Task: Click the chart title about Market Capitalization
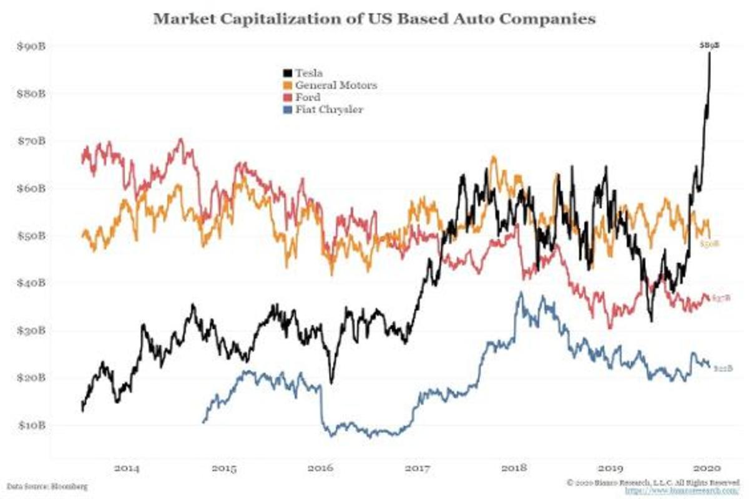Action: (x=374, y=19)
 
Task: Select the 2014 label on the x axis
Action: (x=127, y=467)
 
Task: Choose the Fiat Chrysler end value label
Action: (x=721, y=369)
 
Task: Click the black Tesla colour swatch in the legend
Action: (x=286, y=73)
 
